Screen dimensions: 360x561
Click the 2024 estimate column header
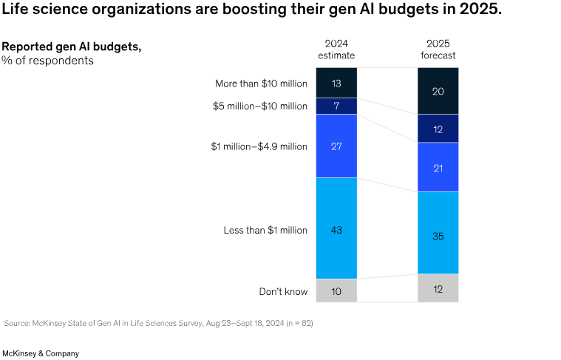tap(336, 49)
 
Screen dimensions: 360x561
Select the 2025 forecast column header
tap(438, 49)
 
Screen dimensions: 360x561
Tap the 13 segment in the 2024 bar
tap(336, 83)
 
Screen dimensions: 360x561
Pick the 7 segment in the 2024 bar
tap(336, 106)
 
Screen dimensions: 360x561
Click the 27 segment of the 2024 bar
tap(336, 146)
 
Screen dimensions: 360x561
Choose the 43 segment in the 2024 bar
tap(336, 230)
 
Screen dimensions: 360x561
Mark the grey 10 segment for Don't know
tap(336, 291)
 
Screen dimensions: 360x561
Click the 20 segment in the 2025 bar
tap(438, 91)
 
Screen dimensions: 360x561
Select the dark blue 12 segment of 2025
tap(438, 129)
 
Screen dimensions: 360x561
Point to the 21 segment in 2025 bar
tap(438, 167)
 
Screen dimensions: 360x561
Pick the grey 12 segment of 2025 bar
tap(438, 288)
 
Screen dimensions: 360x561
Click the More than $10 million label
tap(261, 84)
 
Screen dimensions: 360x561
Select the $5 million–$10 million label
tap(260, 106)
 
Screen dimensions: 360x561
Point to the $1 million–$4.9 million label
tap(259, 146)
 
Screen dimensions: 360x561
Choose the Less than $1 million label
tap(265, 230)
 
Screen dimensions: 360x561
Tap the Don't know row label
tap(283, 291)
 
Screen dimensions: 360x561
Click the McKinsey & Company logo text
tap(41, 353)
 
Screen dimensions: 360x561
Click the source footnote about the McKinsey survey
tap(158, 323)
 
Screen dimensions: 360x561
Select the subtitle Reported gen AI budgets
tap(71, 47)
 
